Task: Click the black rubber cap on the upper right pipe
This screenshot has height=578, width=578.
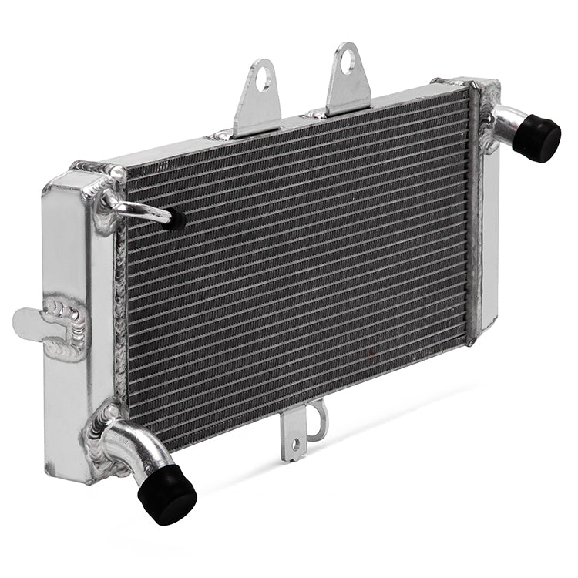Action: coord(537,137)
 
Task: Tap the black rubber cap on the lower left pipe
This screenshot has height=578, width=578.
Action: coord(167,492)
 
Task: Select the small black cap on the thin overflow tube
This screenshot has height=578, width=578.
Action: coord(176,220)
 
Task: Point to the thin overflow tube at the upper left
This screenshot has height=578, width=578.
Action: coord(143,210)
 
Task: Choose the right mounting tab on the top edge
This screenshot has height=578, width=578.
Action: coord(349,81)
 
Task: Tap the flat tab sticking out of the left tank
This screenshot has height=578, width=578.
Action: coord(29,321)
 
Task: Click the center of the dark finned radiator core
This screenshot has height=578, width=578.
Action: coord(297,266)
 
